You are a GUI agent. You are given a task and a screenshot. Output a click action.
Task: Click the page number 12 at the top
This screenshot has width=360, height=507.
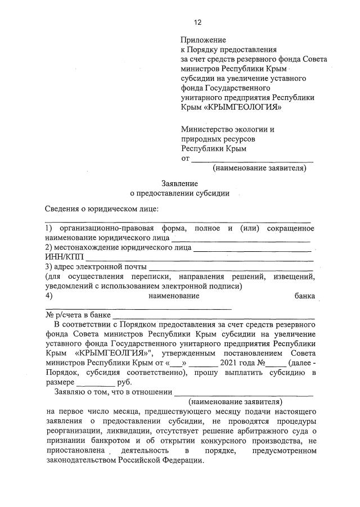[x=197, y=22]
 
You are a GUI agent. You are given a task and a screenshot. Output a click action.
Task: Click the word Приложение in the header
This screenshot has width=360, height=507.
[x=203, y=40]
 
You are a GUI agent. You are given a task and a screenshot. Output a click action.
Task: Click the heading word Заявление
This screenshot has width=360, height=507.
[x=179, y=183]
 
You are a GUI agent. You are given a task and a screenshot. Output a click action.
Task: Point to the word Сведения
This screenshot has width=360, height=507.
[x=62, y=209]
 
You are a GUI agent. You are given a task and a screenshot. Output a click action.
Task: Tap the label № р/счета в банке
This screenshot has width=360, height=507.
[x=78, y=315]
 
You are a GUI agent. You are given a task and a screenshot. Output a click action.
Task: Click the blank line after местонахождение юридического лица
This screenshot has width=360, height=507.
[x=253, y=247]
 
